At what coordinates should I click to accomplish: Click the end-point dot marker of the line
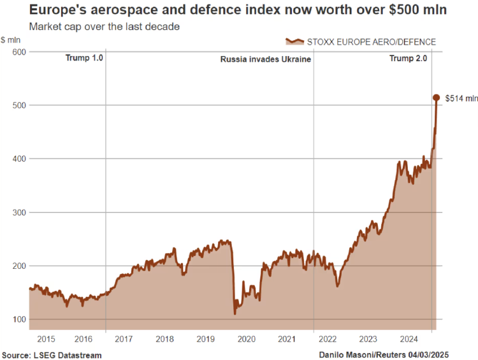pos(437,97)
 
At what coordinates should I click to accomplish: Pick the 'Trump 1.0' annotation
pos(84,58)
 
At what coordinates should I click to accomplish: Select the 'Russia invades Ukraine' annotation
pos(265,59)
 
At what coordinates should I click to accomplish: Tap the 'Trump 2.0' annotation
pos(408,58)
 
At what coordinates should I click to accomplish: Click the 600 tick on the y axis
pos(18,52)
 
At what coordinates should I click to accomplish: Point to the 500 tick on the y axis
pos(18,105)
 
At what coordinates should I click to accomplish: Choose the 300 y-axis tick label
pos(18,212)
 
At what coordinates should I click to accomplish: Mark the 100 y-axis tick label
pos(18,319)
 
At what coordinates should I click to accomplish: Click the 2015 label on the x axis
pos(47,340)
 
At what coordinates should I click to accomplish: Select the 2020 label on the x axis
pos(245,340)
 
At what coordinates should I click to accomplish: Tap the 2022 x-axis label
pos(327,340)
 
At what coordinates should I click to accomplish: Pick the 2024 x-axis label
pos(406,340)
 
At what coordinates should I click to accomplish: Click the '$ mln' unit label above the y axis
pos(11,40)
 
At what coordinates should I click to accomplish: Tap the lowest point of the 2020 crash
pos(235,313)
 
